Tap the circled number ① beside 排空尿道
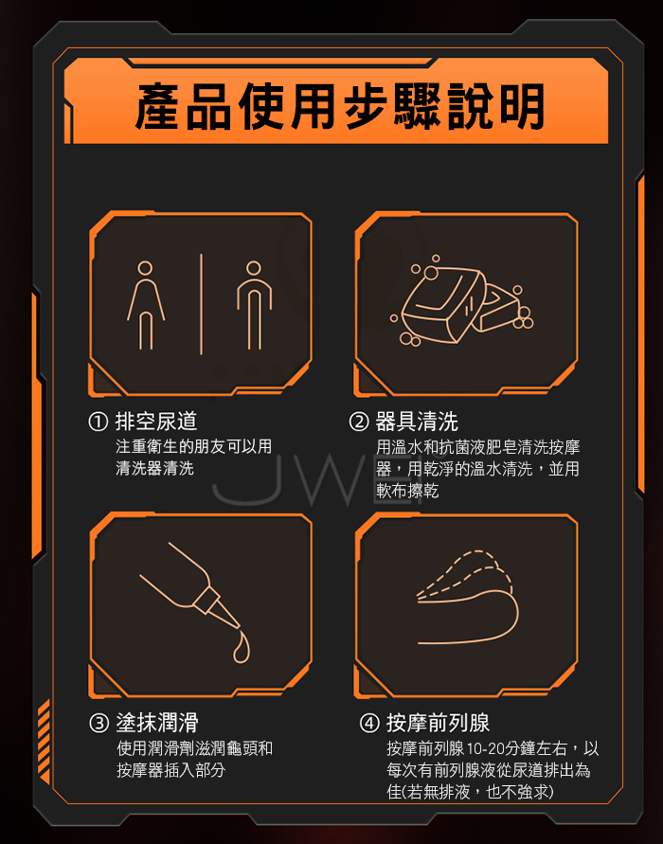click(99, 422)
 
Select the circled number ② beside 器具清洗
click(359, 422)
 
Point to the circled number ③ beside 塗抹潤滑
click(99, 723)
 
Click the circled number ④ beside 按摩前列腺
click(369, 724)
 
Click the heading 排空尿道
click(156, 422)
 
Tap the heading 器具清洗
click(417, 422)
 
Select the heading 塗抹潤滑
click(157, 723)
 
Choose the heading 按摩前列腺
click(439, 724)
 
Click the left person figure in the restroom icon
click(145, 305)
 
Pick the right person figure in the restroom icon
click(254, 305)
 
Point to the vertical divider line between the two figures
click(201, 304)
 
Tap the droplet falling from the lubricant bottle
click(242, 648)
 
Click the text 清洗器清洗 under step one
click(155, 468)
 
